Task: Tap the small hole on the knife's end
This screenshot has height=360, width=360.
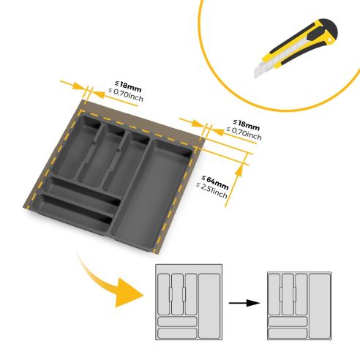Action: click(x=331, y=28)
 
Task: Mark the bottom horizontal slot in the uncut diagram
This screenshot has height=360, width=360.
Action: click(x=176, y=332)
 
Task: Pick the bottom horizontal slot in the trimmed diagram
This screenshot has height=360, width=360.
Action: click(x=287, y=333)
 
